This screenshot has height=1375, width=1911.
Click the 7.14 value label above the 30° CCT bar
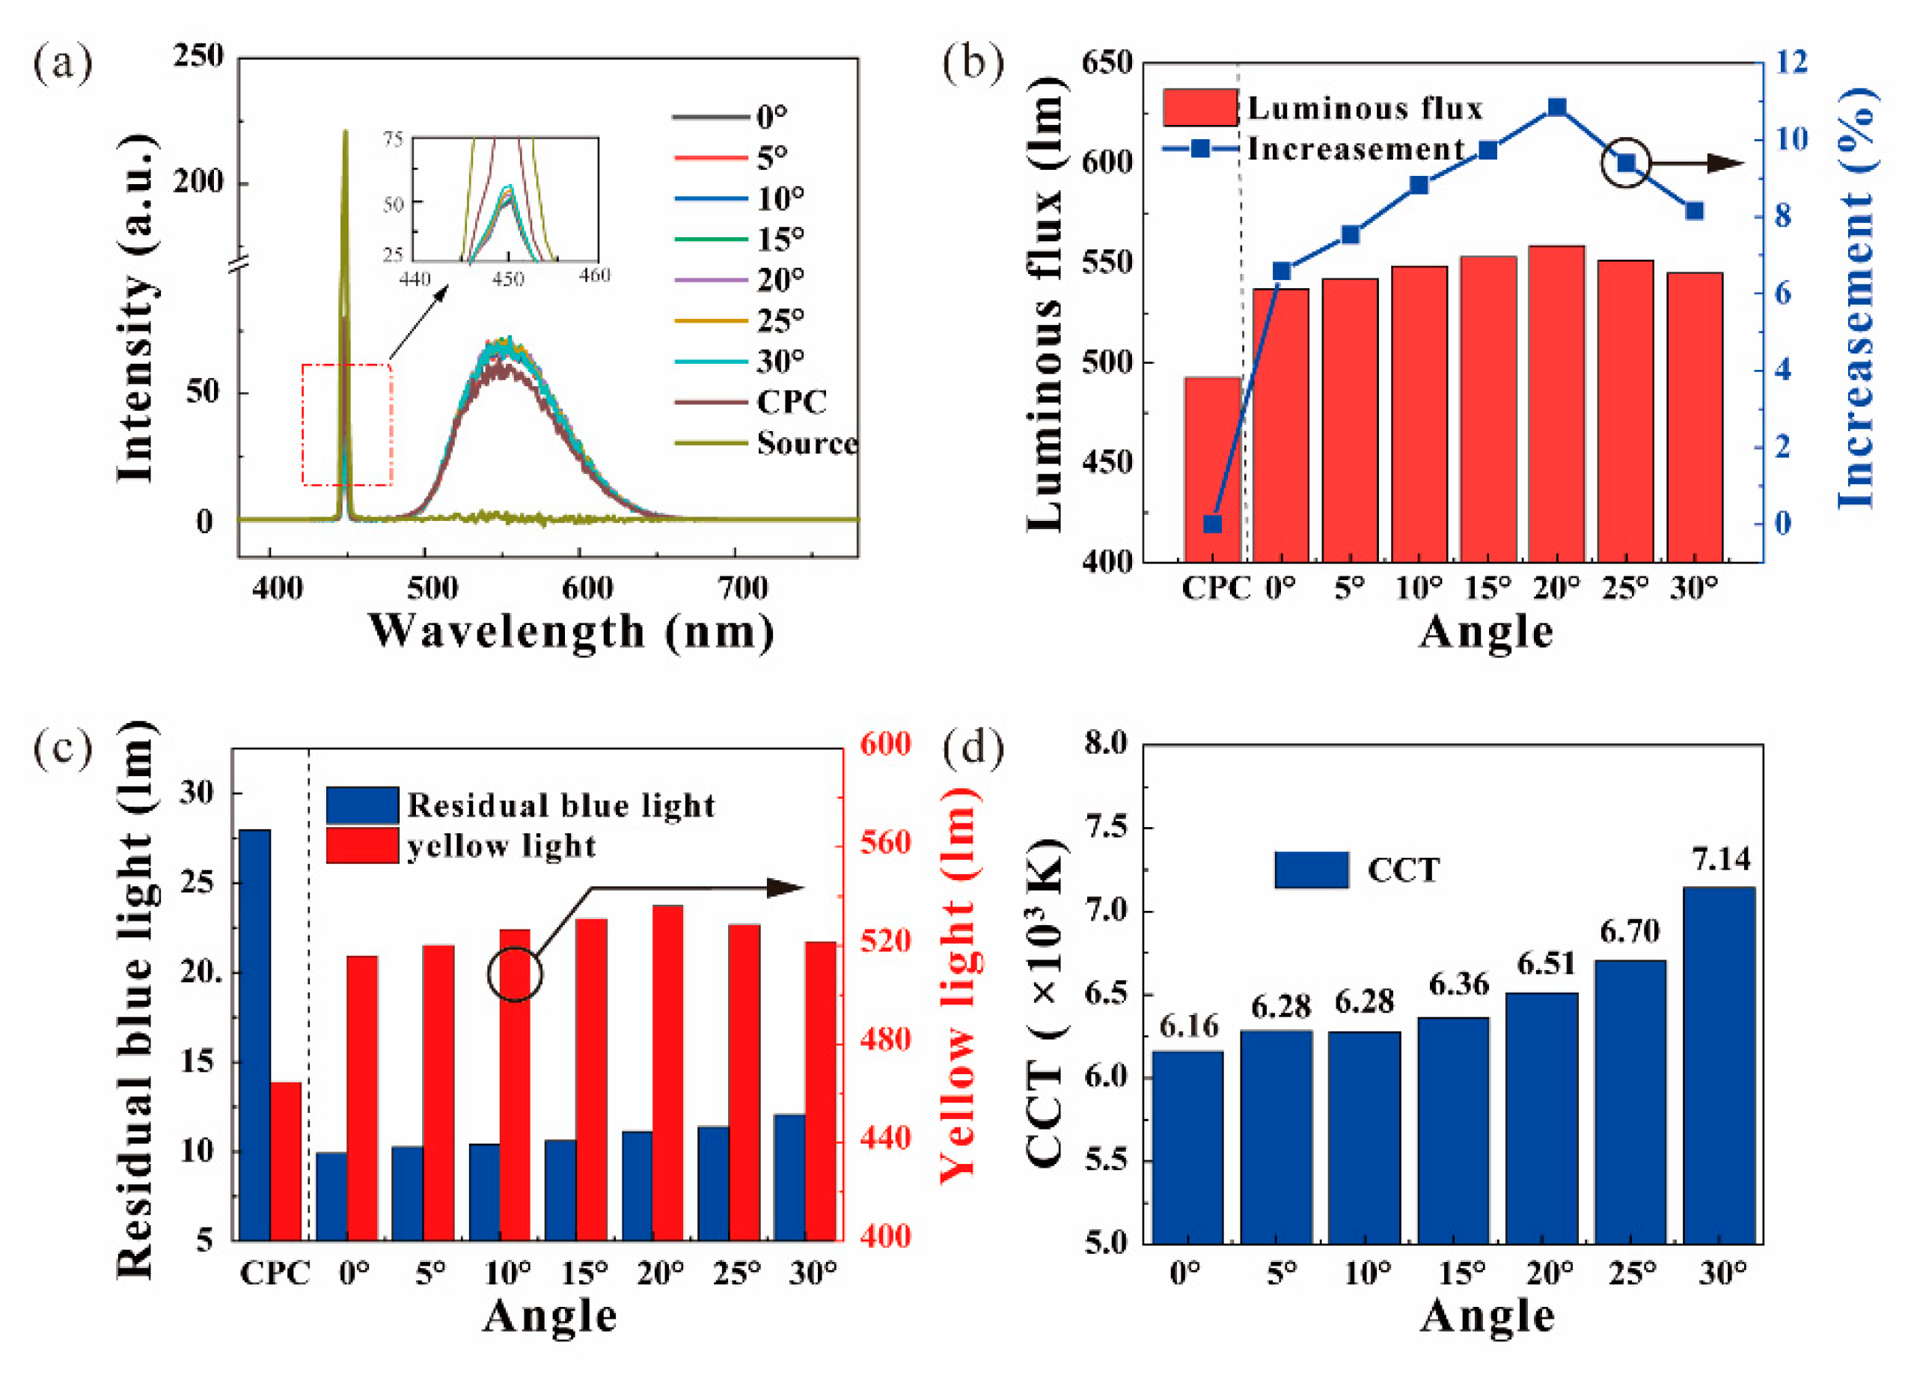pos(1721,859)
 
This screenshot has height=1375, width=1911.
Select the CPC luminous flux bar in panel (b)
pos(1212,469)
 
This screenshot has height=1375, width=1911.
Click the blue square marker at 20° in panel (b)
pos(1557,107)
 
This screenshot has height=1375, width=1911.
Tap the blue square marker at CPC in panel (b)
pos(1212,523)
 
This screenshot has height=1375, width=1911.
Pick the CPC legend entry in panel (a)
pos(750,402)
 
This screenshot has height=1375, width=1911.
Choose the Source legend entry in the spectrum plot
pos(766,442)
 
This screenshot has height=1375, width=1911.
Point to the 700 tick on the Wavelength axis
pos(742,588)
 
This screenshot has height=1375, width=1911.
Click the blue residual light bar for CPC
pos(255,1034)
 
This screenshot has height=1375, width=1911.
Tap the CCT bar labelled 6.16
pos(1188,1147)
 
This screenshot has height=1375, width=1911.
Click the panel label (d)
pos(973,747)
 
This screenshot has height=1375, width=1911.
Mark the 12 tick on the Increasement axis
pos(1791,62)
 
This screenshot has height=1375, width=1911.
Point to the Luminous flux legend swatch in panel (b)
pos(1200,107)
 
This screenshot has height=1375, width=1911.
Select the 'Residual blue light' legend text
pos(561,806)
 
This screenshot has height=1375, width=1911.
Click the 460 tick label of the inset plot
pos(594,275)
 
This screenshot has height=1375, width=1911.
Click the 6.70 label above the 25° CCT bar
pos(1630,930)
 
